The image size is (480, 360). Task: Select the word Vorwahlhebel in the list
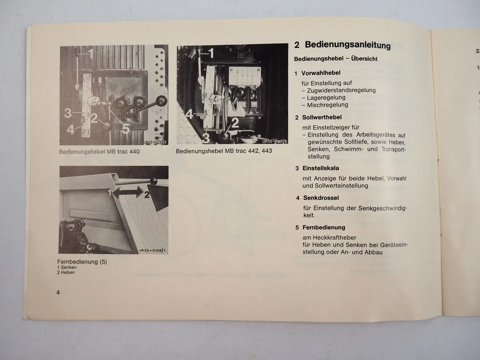click(x=321, y=73)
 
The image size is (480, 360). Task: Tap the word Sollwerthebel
click(x=322, y=117)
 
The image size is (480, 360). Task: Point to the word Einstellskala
click(x=321, y=168)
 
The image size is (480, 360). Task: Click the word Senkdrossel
click(x=321, y=198)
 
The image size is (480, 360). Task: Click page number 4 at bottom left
click(x=58, y=292)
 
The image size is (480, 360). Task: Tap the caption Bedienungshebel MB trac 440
click(x=99, y=152)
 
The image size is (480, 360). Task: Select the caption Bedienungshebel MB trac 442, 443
click(x=224, y=151)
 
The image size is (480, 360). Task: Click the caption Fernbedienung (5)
click(x=82, y=262)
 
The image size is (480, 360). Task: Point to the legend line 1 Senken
click(x=67, y=267)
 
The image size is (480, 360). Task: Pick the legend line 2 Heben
click(x=66, y=273)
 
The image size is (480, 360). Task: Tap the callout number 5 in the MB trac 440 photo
click(x=126, y=129)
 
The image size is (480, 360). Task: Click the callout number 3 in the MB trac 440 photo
click(x=68, y=112)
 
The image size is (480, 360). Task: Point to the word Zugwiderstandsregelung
click(x=341, y=90)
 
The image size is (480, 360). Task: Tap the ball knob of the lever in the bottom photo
click(x=153, y=181)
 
